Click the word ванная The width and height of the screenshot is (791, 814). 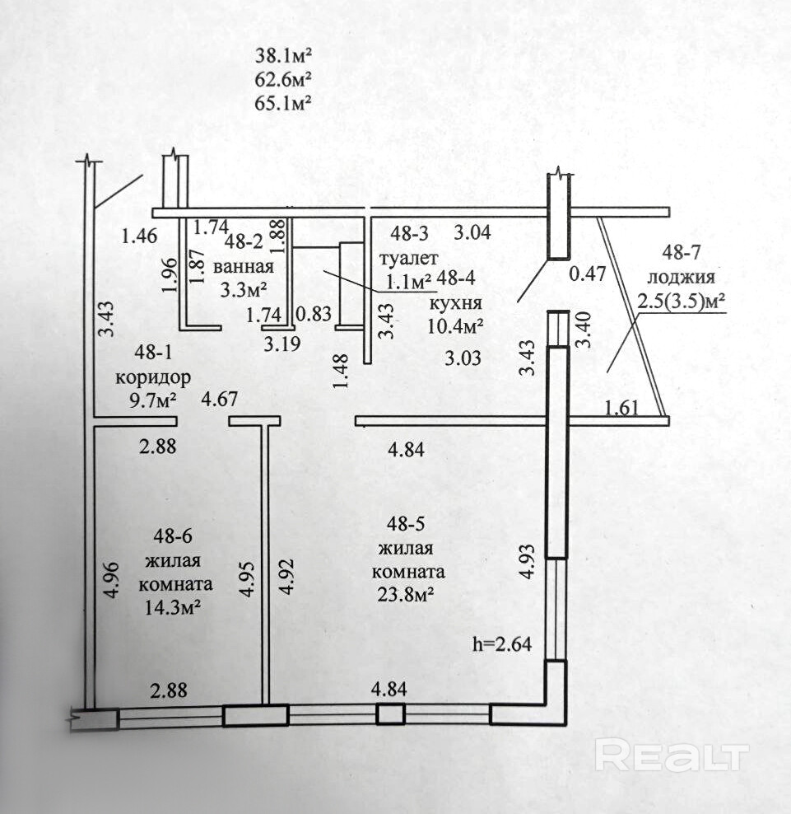click(x=243, y=267)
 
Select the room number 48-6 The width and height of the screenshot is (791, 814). click(x=172, y=536)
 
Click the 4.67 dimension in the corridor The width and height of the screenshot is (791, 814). click(x=220, y=400)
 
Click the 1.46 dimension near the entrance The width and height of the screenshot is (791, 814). click(x=139, y=237)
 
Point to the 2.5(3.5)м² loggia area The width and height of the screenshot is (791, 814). click(x=681, y=302)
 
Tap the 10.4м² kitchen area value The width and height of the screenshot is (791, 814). click(x=456, y=326)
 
